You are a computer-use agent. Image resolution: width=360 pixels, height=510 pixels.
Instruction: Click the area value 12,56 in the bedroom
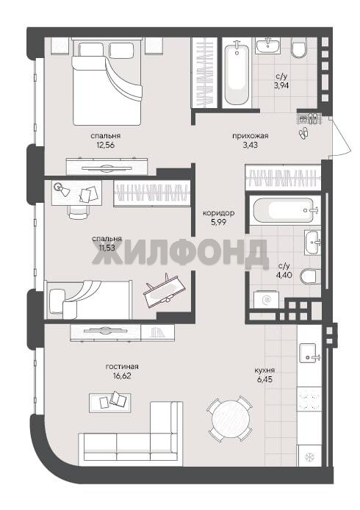(x=105, y=146)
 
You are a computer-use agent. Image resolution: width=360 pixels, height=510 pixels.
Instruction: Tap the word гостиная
(x=122, y=367)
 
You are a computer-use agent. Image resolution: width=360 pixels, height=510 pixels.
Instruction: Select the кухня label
(x=264, y=370)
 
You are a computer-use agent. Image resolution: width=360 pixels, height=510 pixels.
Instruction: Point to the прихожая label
(x=250, y=136)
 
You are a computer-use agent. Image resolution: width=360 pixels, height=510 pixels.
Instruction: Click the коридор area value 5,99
(x=218, y=223)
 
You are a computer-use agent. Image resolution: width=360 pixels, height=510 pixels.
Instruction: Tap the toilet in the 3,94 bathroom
(x=298, y=49)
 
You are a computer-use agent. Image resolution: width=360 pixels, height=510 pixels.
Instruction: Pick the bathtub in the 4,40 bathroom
(x=284, y=210)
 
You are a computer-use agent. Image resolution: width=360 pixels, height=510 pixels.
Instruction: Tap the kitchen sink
(x=309, y=353)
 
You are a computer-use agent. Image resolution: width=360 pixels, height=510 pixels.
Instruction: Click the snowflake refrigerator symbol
(x=308, y=458)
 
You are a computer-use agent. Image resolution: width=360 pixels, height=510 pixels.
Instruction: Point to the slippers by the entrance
(x=304, y=133)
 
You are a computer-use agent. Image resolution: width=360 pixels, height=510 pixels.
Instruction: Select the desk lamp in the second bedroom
(x=62, y=190)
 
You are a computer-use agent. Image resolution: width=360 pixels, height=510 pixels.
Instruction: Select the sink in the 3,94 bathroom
(x=267, y=45)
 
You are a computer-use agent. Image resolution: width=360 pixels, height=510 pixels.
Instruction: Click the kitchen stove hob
(x=309, y=402)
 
